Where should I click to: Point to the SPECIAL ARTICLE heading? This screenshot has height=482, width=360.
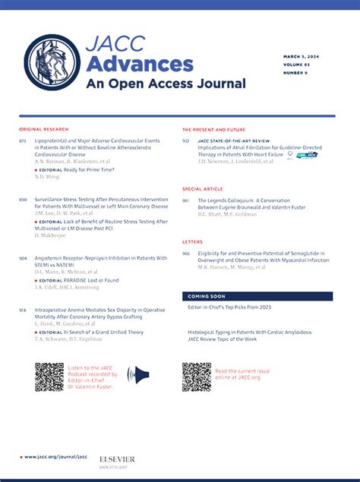pyautogui.click(x=202, y=188)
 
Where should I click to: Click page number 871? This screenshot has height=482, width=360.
pyautogui.click(x=24, y=141)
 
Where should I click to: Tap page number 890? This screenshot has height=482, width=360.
pyautogui.click(x=24, y=199)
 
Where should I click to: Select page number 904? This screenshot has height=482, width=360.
pyautogui.click(x=24, y=258)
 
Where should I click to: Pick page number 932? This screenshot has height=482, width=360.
pyautogui.click(x=186, y=141)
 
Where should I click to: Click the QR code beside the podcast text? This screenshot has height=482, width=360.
pyautogui.click(x=49, y=376)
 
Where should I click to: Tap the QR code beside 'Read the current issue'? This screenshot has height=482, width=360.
pyautogui.click(x=197, y=376)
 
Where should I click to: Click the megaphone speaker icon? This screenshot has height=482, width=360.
pyautogui.click(x=137, y=374)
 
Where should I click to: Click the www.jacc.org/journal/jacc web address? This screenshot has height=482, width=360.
pyautogui.click(x=56, y=457)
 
